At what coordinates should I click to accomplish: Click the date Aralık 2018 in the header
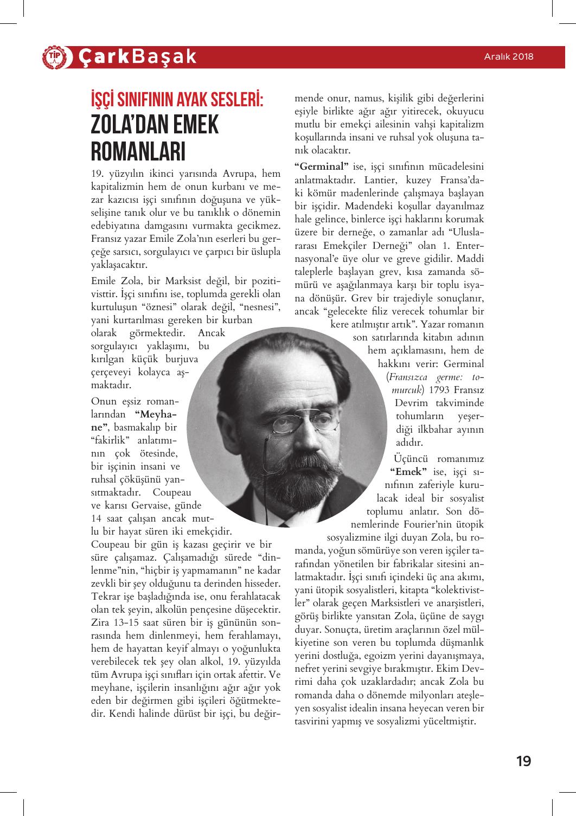pos(509,56)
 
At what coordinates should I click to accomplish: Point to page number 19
pos(523,761)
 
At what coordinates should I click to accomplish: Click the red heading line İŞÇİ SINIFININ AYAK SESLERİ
pos(177,100)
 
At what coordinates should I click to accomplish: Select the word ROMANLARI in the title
pos(138,152)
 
